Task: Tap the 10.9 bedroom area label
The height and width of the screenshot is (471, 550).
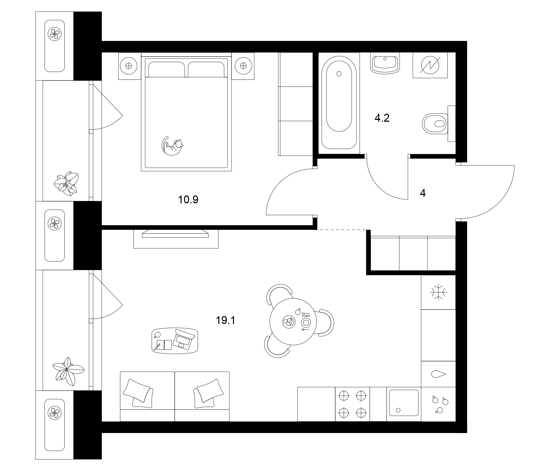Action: [x=188, y=200]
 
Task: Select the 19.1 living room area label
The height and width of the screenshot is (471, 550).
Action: [x=225, y=321]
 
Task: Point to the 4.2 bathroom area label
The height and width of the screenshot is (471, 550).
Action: [x=382, y=118]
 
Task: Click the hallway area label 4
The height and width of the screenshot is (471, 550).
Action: [x=423, y=193]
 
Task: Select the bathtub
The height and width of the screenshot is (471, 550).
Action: [x=339, y=102]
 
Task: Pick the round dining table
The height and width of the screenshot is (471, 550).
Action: [x=293, y=322]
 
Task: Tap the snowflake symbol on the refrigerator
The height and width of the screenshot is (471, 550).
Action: [x=438, y=293]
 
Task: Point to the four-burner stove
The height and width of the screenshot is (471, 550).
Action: [x=352, y=404]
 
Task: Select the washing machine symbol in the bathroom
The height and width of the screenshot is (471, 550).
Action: [x=430, y=65]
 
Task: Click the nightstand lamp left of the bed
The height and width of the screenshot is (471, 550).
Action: [x=129, y=66]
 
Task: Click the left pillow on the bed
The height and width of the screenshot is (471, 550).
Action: [x=166, y=70]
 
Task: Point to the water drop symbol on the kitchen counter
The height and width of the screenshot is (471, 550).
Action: [x=438, y=374]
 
